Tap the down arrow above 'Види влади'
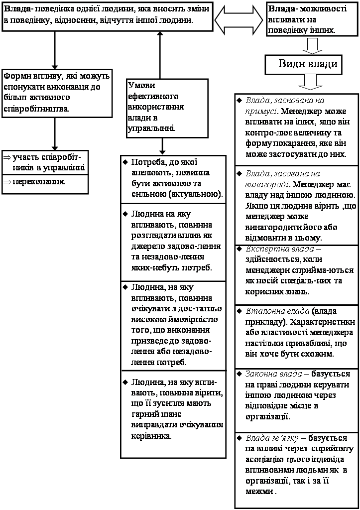[313, 45]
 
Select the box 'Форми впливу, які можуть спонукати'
[56, 93]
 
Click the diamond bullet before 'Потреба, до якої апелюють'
[125, 162]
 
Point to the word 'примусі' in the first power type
[260, 111]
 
